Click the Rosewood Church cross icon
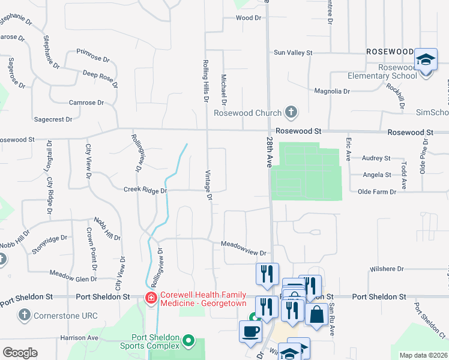pyautogui.click(x=291, y=112)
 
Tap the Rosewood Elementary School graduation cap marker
pyautogui.click(x=426, y=60)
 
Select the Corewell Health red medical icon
pyautogui.click(x=151, y=298)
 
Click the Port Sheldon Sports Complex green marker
pyautogui.click(x=189, y=341)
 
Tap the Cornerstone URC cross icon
pyautogui.click(x=24, y=314)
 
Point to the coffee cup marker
pyautogui.click(x=250, y=331)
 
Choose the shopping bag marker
pyautogui.click(x=316, y=314)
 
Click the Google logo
pyautogui.click(x=20, y=353)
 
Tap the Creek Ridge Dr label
pyautogui.click(x=145, y=190)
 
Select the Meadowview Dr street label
pyautogui.click(x=243, y=244)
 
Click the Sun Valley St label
pyautogui.click(x=294, y=53)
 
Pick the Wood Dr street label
pyautogui.click(x=249, y=18)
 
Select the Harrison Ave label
pyautogui.click(x=79, y=338)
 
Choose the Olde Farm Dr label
pyautogui.click(x=377, y=191)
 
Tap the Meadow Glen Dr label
pyautogui.click(x=73, y=278)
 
